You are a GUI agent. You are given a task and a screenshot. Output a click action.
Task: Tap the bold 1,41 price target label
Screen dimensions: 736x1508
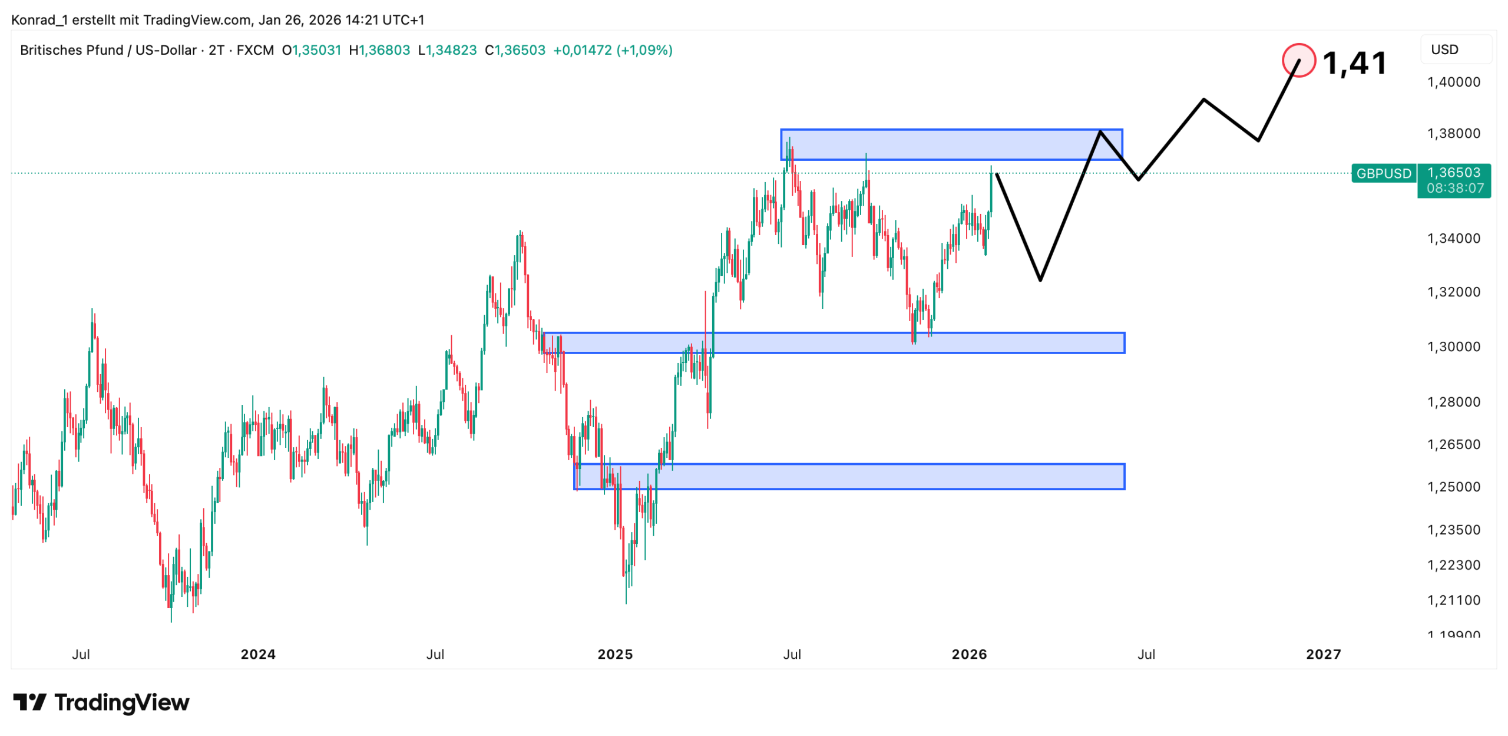1354,62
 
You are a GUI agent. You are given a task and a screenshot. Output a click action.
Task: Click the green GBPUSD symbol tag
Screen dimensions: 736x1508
1383,173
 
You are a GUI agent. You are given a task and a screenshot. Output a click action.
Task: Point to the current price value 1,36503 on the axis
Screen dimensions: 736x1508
1453,172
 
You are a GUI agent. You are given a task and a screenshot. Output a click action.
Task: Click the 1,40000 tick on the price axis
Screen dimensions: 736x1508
1453,82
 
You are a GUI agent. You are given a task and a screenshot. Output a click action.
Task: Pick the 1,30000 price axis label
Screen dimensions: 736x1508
1453,346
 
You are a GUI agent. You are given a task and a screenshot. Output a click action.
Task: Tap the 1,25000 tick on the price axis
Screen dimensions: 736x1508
1453,487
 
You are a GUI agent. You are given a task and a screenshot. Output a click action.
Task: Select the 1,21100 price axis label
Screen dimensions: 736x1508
1453,600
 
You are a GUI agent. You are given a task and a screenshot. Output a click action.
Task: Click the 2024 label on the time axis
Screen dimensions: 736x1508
258,654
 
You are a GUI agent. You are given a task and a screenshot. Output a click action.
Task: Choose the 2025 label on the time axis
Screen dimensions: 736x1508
615,654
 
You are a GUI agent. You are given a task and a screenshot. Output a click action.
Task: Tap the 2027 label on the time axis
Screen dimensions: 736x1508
1323,654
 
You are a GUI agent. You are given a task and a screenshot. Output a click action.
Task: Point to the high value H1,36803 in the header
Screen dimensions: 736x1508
379,50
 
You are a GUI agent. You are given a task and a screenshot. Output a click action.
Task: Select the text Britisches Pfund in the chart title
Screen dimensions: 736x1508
71,50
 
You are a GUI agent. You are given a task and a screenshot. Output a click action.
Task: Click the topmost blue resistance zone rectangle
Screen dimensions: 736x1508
951,144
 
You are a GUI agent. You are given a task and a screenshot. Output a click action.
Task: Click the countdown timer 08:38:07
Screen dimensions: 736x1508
1454,188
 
